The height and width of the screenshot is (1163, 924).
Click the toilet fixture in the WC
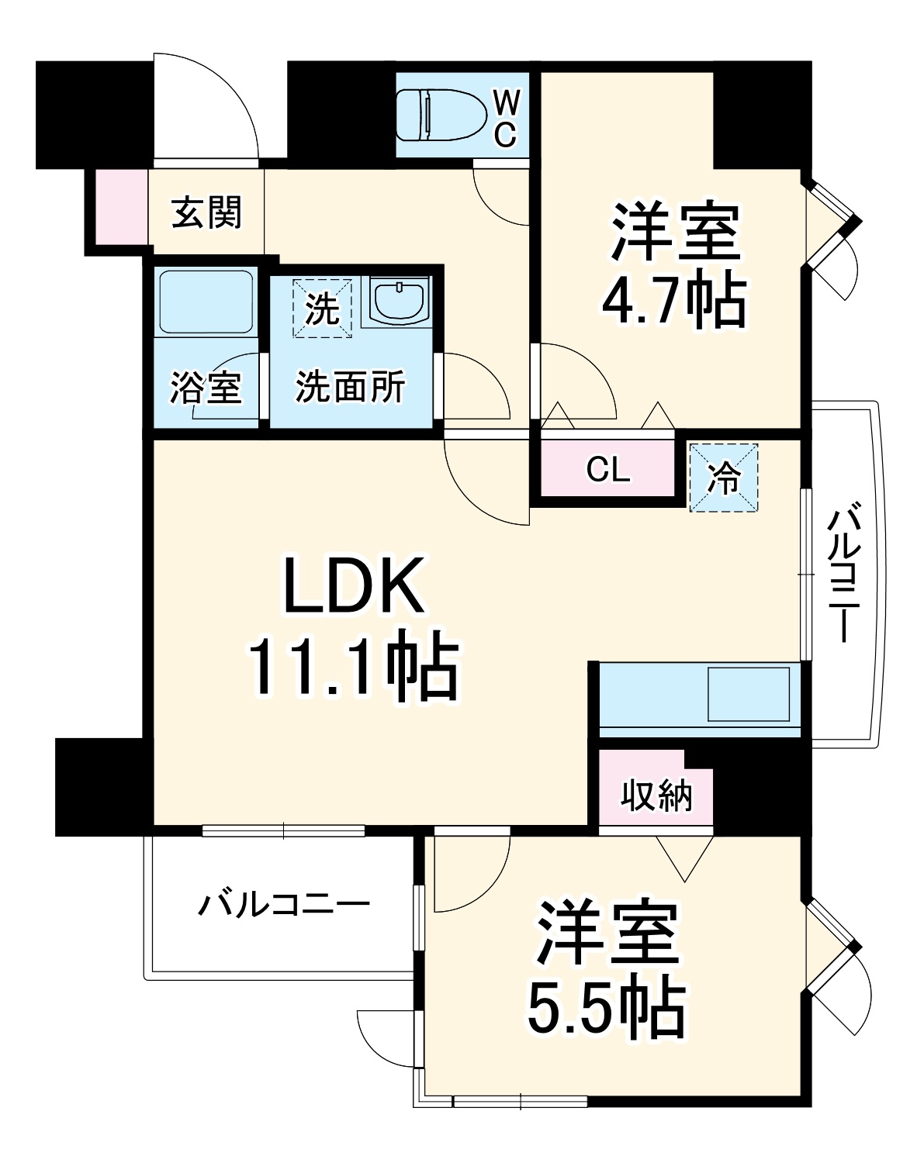tap(439, 116)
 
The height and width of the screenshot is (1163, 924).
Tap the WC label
tap(505, 118)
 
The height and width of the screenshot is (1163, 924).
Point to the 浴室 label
tap(206, 387)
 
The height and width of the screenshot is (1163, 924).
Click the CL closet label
tap(608, 469)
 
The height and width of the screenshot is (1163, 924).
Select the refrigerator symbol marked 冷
tap(724, 478)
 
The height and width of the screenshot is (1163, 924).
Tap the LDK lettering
tap(354, 586)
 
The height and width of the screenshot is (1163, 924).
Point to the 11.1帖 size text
tap(352, 667)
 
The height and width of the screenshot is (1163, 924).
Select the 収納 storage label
tap(656, 795)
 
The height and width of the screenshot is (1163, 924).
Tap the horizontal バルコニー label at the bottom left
tap(284, 904)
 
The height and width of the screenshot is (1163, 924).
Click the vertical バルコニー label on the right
tap(846, 575)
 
